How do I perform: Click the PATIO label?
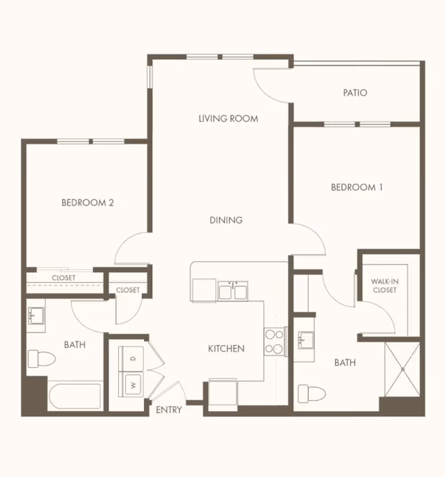pos(355,92)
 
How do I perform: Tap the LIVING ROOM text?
pos(228,119)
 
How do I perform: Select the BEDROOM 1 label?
pos(357,187)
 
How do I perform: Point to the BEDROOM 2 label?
pos(88,203)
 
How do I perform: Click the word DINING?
pos(226,220)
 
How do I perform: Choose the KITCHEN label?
pos(226,349)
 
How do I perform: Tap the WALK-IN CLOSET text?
pos(383,285)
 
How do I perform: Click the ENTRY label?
pos(168,410)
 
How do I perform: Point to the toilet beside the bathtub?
pos(41,359)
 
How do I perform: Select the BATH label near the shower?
pos(345,362)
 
